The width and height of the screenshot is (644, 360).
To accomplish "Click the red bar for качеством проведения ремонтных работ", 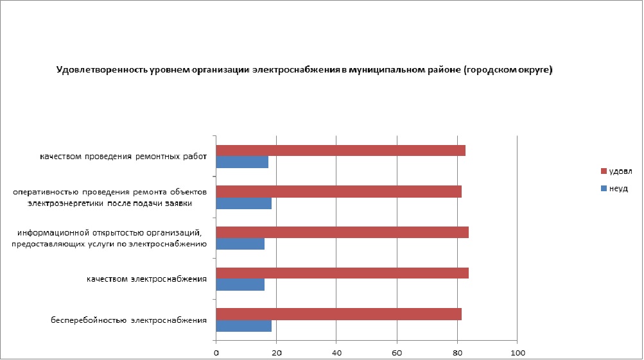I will (x=340, y=151).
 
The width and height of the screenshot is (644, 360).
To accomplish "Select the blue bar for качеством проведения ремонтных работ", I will (x=242, y=162).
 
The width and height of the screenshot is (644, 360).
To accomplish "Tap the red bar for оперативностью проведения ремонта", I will (x=338, y=191).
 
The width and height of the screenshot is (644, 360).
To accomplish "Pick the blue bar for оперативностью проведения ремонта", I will (x=243, y=203).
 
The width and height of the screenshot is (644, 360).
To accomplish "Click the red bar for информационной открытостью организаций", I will (x=342, y=232).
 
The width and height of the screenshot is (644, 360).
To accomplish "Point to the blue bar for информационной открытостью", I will (x=240, y=244).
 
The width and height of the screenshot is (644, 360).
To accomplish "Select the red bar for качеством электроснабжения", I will (x=342, y=273).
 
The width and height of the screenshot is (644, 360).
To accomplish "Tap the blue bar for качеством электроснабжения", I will (x=240, y=285).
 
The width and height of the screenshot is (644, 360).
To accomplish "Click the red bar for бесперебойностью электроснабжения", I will (x=338, y=314).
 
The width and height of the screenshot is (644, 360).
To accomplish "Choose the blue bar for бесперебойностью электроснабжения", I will (x=243, y=325).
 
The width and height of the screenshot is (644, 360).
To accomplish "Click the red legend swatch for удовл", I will (x=603, y=171).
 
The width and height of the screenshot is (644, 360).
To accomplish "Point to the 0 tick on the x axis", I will (x=216, y=352).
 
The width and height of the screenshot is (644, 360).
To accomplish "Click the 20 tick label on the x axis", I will (x=277, y=352).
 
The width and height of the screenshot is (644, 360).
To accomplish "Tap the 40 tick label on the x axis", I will (x=336, y=352).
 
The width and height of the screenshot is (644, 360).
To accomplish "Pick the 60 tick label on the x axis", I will (x=397, y=352).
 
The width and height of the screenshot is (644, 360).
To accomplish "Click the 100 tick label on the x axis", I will (x=518, y=352).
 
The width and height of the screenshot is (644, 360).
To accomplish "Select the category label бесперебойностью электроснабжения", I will (x=128, y=320).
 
